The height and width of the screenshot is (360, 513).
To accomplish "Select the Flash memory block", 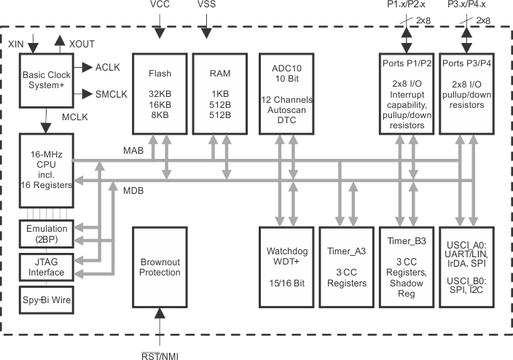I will coord(160,93).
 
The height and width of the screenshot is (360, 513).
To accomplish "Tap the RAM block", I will coord(218,93).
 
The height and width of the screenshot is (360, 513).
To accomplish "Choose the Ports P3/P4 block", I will coord(466,93).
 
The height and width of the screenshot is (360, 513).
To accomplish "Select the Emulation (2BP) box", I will coord(46,235).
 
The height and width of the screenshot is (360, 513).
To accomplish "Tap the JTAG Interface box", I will coord(46,267).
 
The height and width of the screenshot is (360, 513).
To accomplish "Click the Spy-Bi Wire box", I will coord(46,300).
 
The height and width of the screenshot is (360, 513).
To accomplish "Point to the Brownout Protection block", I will coord(160,267).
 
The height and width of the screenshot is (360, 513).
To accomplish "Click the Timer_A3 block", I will coord(345,267).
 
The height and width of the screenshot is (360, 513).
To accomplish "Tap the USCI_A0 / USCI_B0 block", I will coord(466,267).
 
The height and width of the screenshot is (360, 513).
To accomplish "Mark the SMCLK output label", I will coord(111,94).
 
